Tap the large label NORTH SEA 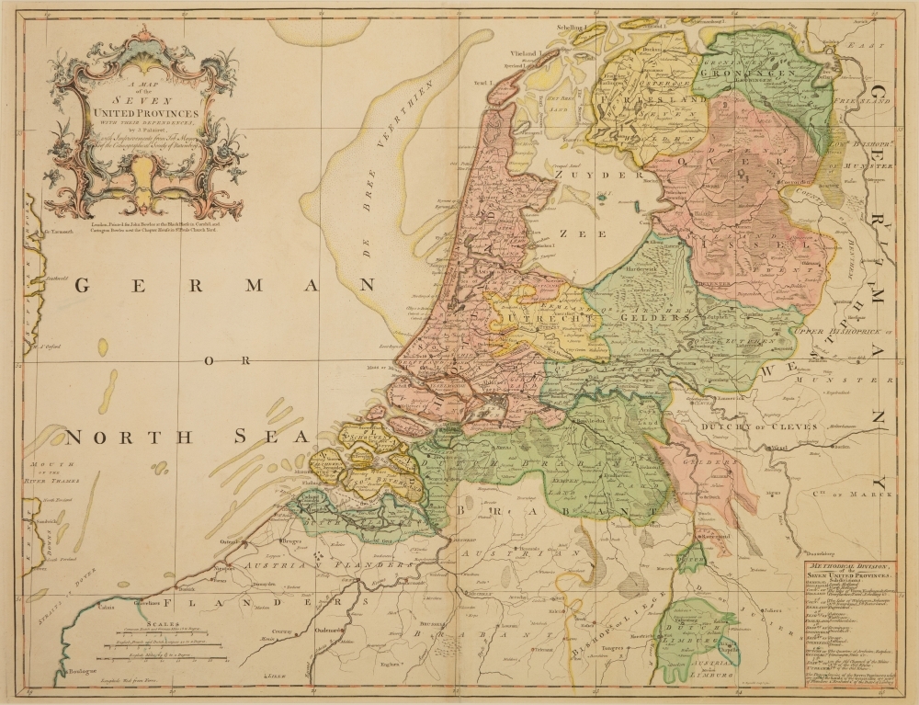(183, 437)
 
